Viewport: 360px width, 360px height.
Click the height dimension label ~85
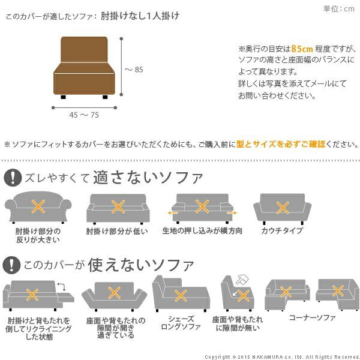(x=134, y=70)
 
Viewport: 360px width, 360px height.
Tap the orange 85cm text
(x=300, y=49)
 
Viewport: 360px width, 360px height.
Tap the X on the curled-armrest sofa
(x=38, y=207)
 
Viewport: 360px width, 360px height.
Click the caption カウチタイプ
(x=282, y=231)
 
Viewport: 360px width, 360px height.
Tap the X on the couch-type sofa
(x=282, y=207)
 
